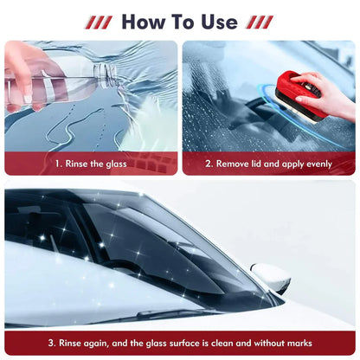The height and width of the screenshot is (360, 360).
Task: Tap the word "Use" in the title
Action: [x=215, y=21]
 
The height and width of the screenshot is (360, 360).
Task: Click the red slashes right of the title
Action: [x=260, y=22]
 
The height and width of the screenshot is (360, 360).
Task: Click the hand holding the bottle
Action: [x=24, y=65]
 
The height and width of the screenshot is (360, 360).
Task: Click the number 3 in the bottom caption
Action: [x=51, y=342]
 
